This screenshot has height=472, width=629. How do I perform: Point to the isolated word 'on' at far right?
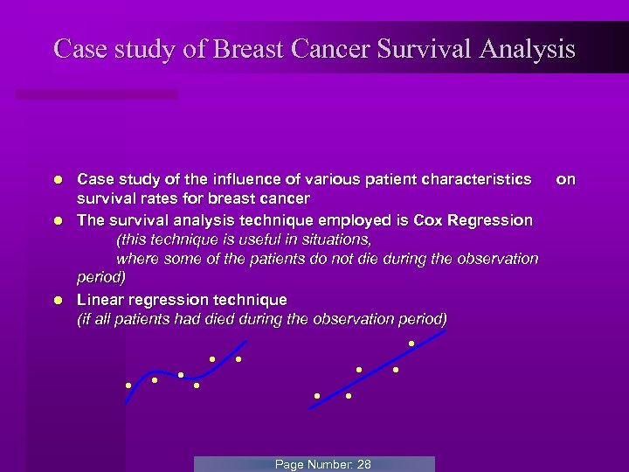pyautogui.click(x=566, y=179)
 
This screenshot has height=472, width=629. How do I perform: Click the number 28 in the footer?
pyautogui.click(x=363, y=464)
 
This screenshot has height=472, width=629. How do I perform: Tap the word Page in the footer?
pyautogui.click(x=289, y=464)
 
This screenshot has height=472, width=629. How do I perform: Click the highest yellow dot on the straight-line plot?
pyautogui.click(x=411, y=343)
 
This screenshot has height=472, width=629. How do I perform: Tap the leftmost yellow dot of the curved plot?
pyautogui.click(x=128, y=385)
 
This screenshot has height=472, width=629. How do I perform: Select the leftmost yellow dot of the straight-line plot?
pyautogui.click(x=317, y=396)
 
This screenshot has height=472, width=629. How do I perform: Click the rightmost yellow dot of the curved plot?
pyautogui.click(x=238, y=359)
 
